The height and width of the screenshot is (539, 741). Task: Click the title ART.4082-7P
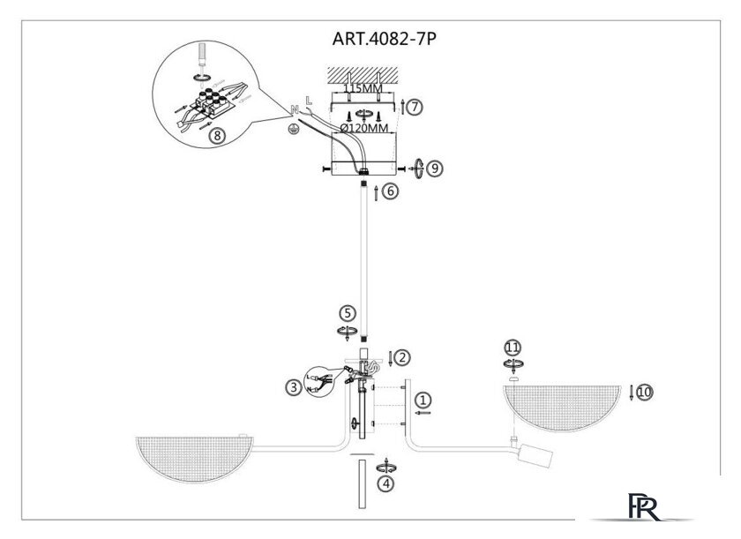point(384,39)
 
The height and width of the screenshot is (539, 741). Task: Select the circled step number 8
point(217,136)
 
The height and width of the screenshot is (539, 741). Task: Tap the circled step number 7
point(415,107)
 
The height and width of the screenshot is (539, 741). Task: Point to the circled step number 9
point(435,168)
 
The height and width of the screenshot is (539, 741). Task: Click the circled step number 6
point(390,191)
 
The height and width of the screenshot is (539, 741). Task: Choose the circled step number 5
point(348,313)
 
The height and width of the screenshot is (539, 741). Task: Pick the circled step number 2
point(401,357)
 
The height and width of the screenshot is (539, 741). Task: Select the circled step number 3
point(294,388)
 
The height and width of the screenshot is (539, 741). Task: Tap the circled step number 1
point(423,401)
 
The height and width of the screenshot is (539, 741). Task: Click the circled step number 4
point(386,483)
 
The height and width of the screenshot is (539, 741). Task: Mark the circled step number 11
point(513,348)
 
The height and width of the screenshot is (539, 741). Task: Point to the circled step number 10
point(645,392)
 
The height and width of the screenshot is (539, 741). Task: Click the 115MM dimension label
point(363,89)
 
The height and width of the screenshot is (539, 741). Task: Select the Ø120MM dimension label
point(364,128)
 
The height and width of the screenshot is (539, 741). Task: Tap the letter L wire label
point(309,101)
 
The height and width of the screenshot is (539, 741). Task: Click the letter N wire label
point(295,110)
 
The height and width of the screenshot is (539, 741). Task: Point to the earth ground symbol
point(293,128)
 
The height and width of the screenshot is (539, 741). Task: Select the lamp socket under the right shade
point(535,455)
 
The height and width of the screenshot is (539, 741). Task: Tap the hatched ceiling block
point(363,74)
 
